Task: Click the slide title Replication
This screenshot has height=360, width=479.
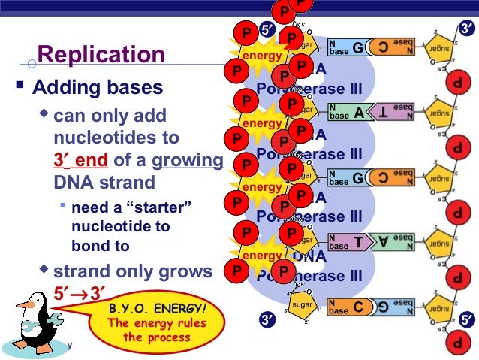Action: pos(101,55)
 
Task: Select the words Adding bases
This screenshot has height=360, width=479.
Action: pos(98,88)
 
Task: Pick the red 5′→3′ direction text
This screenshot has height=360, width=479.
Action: pos(79,290)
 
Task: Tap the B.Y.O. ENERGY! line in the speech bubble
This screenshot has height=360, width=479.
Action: pos(157,308)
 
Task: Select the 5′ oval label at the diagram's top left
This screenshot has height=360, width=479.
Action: pos(268,30)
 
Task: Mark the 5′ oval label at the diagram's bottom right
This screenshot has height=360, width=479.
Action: pos(466,322)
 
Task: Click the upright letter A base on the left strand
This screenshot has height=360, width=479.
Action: pos(359,114)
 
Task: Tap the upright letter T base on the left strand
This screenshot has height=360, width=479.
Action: pos(359,243)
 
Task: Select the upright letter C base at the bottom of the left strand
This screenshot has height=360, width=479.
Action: pos(359,307)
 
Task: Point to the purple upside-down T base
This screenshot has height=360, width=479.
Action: pos(384,114)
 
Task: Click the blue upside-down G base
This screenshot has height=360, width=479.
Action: pos(384,307)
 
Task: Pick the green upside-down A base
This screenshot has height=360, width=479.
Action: pos(384,243)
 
